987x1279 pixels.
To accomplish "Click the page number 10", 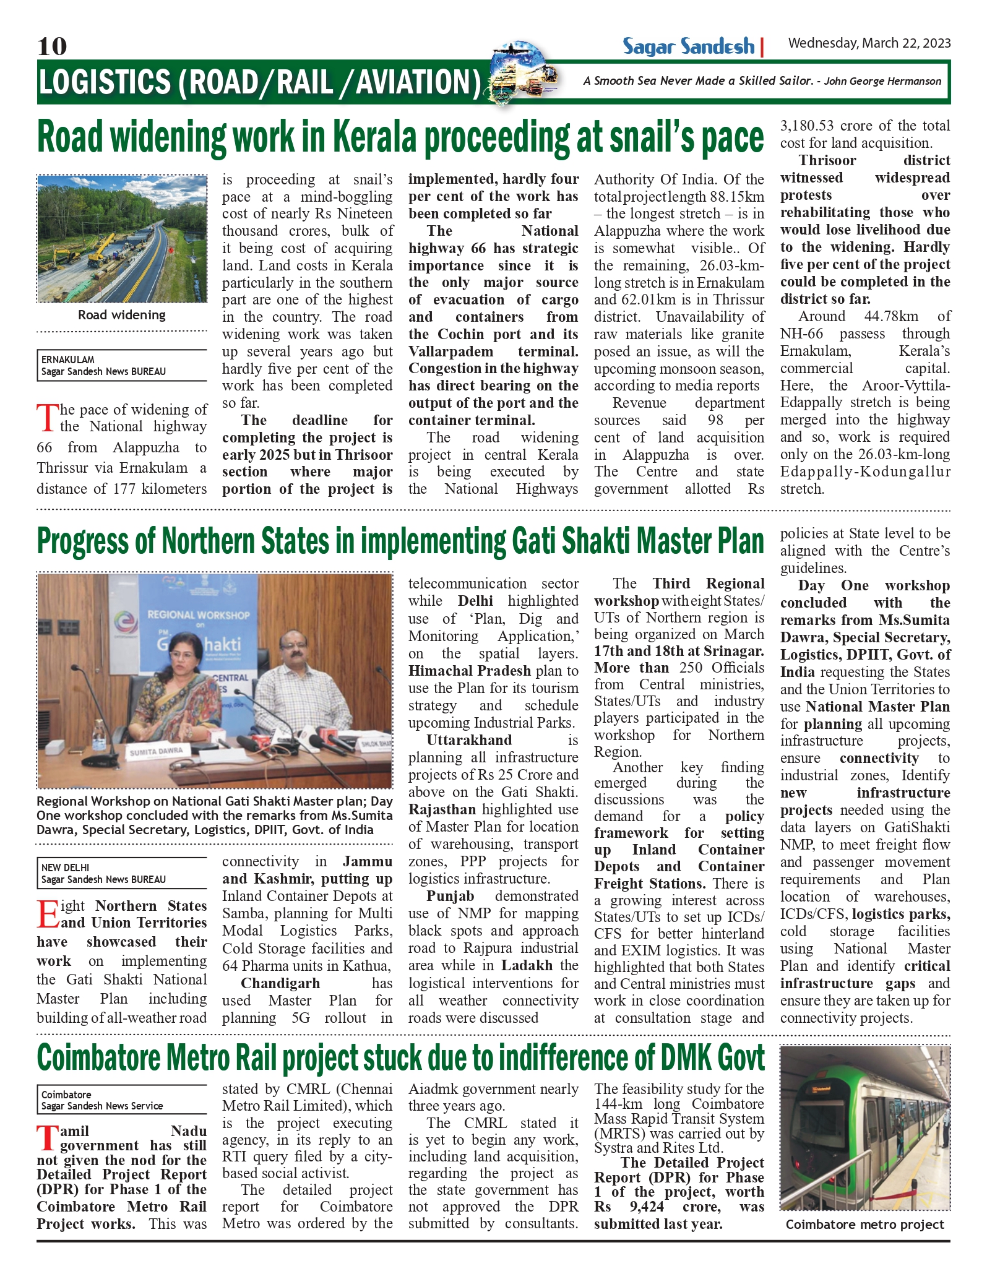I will click(x=52, y=46).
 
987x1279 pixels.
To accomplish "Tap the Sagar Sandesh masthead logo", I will click(x=688, y=47).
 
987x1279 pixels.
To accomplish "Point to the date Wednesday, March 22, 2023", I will click(x=869, y=43).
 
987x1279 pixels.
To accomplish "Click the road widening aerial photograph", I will click(x=122, y=239).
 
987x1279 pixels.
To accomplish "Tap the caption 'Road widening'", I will click(x=122, y=315).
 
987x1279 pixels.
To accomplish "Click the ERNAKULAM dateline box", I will click(x=122, y=365).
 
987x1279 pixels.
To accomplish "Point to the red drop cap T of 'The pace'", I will click(x=47, y=418).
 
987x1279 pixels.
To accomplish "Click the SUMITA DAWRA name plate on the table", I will click(x=156, y=751).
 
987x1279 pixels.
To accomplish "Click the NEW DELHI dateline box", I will click(x=122, y=873).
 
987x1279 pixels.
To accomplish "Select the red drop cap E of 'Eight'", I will click(x=48, y=915).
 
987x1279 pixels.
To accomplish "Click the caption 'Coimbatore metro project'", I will click(x=864, y=1225).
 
